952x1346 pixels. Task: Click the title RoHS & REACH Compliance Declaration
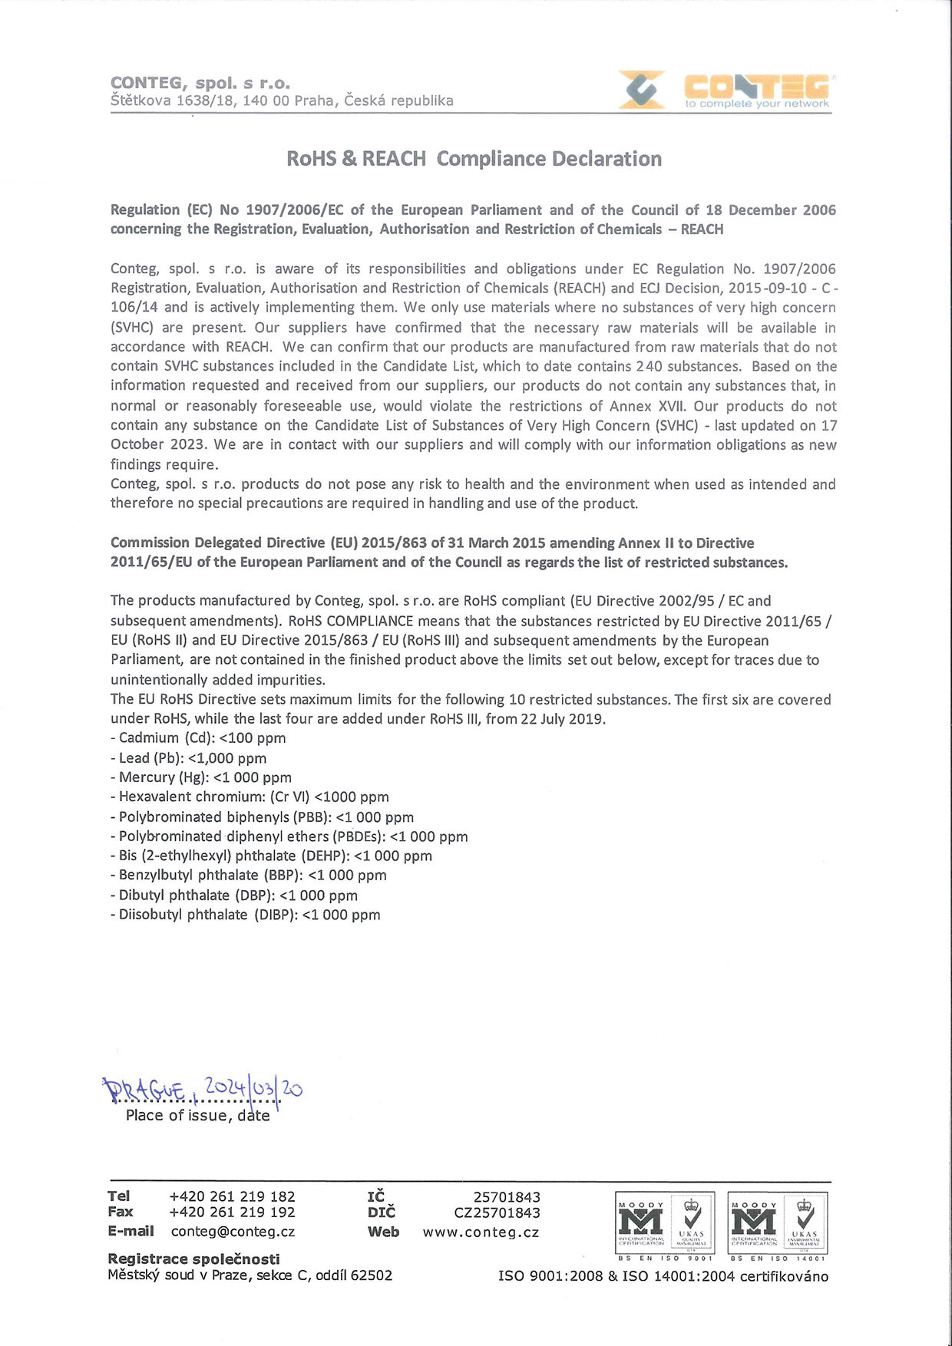coord(474,159)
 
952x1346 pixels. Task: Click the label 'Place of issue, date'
coord(197,1116)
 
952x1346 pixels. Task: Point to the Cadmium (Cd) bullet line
coord(198,738)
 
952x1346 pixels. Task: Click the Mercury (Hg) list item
coord(201,777)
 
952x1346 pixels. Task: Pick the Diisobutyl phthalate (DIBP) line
coord(246,915)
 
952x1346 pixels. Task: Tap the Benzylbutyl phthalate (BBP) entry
coord(249,876)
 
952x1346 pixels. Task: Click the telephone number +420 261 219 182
coord(232,1196)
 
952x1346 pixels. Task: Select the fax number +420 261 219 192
coord(232,1212)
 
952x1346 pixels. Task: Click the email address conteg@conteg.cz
coord(233,1232)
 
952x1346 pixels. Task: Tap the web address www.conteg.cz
coord(481,1232)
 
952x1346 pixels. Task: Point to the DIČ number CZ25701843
coord(497,1213)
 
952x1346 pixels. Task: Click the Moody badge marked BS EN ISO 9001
coord(665,1225)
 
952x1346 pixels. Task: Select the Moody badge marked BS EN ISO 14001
coord(778,1225)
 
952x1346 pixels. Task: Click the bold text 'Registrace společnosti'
coord(193,1259)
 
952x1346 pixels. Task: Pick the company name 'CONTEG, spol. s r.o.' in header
coord(200,83)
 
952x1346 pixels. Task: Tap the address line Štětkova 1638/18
coord(282,101)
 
